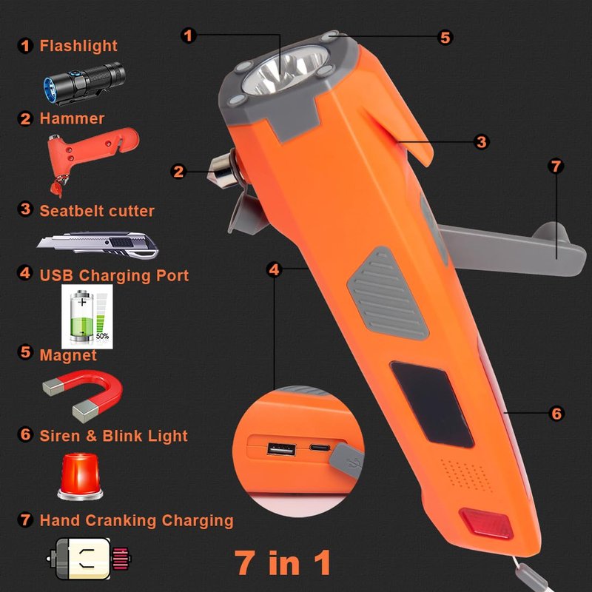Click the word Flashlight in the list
coord(78,46)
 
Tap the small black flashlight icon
coord(84,82)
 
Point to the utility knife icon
coord(98,245)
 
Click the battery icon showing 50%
coord(87,317)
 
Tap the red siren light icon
coord(80,477)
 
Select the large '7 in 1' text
coord(283,562)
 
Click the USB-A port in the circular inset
coord(281,449)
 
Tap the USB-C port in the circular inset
coord(320,448)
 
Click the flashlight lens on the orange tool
coord(286,70)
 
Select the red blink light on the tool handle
coord(486,523)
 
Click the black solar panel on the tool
coord(432,404)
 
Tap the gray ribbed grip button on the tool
coord(388,293)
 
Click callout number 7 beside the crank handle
coord(556,166)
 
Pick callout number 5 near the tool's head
coord(445,38)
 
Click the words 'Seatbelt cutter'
coord(97,211)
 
